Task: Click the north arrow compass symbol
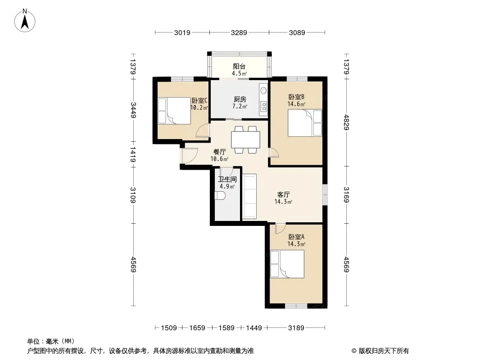(25, 21)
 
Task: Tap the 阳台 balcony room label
(239, 66)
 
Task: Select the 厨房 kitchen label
(240, 99)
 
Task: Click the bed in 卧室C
(174, 111)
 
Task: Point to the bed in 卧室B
(305, 123)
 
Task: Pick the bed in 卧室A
(287, 264)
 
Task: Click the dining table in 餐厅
(245, 140)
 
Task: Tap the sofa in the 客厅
(249, 196)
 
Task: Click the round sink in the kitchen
(263, 90)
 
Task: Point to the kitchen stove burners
(263, 106)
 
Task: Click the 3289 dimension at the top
(239, 32)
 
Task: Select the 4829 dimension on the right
(347, 122)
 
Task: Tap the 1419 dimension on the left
(133, 154)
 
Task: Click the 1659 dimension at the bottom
(197, 328)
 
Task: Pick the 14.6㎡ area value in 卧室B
(296, 104)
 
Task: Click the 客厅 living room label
(284, 194)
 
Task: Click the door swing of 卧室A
(280, 229)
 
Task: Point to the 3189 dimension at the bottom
(296, 328)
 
